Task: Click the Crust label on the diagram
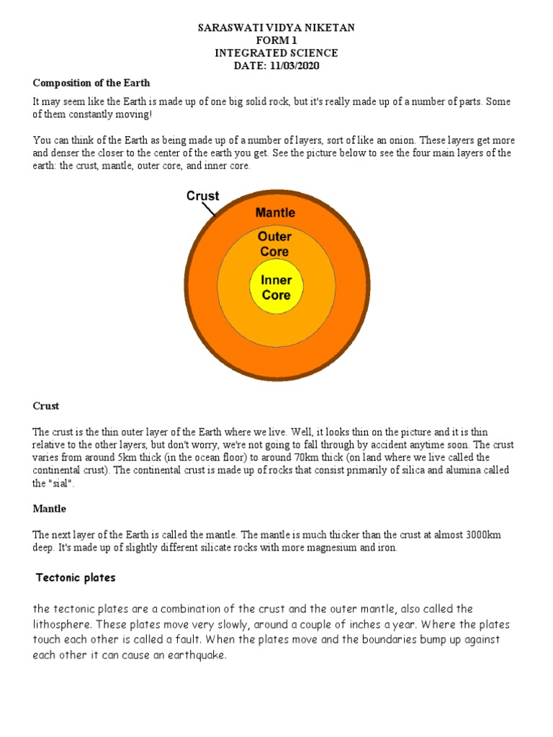click(x=203, y=196)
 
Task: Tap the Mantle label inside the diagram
click(x=275, y=213)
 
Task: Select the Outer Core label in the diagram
click(x=275, y=244)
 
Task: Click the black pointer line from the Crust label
click(x=209, y=209)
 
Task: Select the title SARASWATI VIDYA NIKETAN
click(x=276, y=27)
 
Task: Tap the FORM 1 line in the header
click(x=276, y=40)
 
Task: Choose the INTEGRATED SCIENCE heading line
click(x=276, y=53)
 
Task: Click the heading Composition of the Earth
click(x=91, y=83)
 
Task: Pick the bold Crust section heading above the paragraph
click(x=46, y=406)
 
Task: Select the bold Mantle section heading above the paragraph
click(x=50, y=509)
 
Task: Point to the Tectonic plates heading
click(x=76, y=578)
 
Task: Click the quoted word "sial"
click(x=63, y=484)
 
